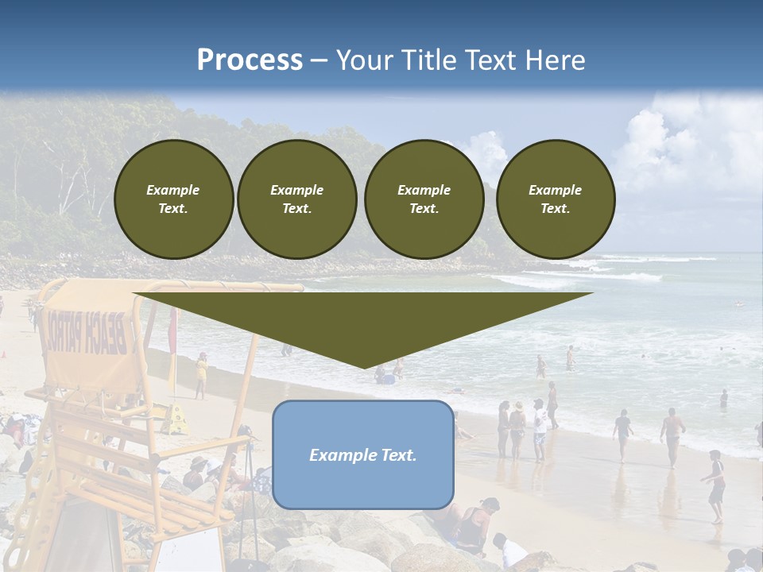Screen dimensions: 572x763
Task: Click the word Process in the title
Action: (250, 60)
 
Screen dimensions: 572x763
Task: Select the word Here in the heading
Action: (556, 60)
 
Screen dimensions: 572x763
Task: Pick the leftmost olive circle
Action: (173, 199)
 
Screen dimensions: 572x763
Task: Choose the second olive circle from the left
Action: (297, 199)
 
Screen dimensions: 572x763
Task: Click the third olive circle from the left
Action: (424, 199)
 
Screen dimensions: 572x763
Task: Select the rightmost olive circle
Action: (556, 199)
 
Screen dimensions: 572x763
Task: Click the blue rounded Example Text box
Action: (363, 454)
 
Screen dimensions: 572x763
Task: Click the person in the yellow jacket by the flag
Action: (201, 374)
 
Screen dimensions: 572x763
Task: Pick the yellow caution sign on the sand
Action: (176, 419)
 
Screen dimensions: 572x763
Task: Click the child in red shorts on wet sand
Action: (716, 485)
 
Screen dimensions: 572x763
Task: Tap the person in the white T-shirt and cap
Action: (540, 429)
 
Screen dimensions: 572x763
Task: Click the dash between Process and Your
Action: (319, 60)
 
